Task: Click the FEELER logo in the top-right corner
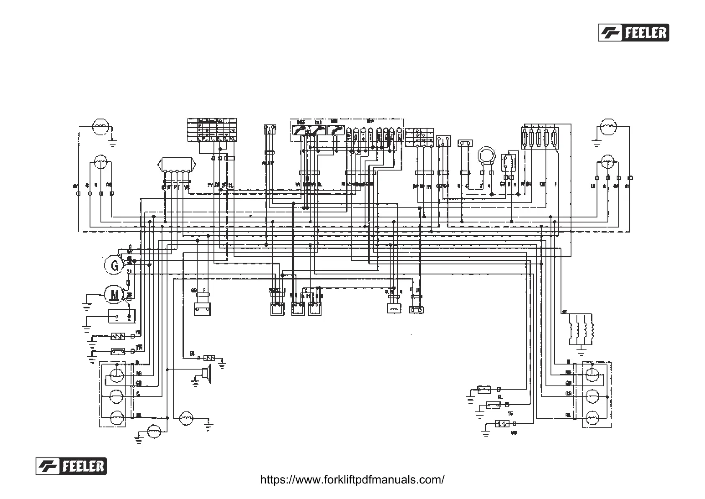click(x=633, y=33)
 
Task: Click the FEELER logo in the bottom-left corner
click(x=71, y=466)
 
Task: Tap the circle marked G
click(x=113, y=265)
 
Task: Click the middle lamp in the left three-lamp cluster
click(x=116, y=396)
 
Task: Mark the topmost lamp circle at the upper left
click(x=101, y=126)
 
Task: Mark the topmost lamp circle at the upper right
click(x=608, y=126)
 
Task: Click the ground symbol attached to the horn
click(x=195, y=381)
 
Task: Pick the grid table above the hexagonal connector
click(x=211, y=130)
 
